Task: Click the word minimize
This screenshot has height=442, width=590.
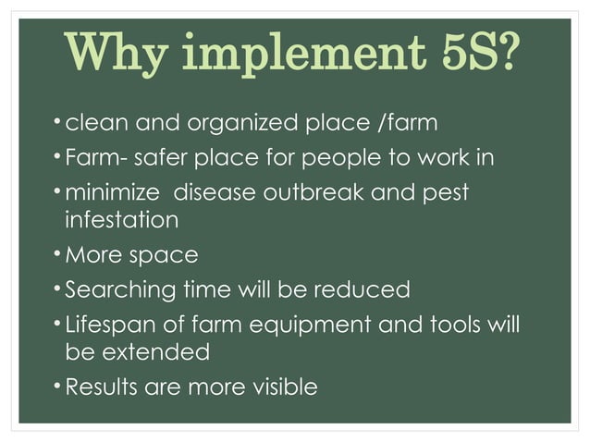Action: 112,194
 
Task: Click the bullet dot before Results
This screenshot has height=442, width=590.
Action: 56,384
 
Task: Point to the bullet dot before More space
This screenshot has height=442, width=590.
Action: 56,252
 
